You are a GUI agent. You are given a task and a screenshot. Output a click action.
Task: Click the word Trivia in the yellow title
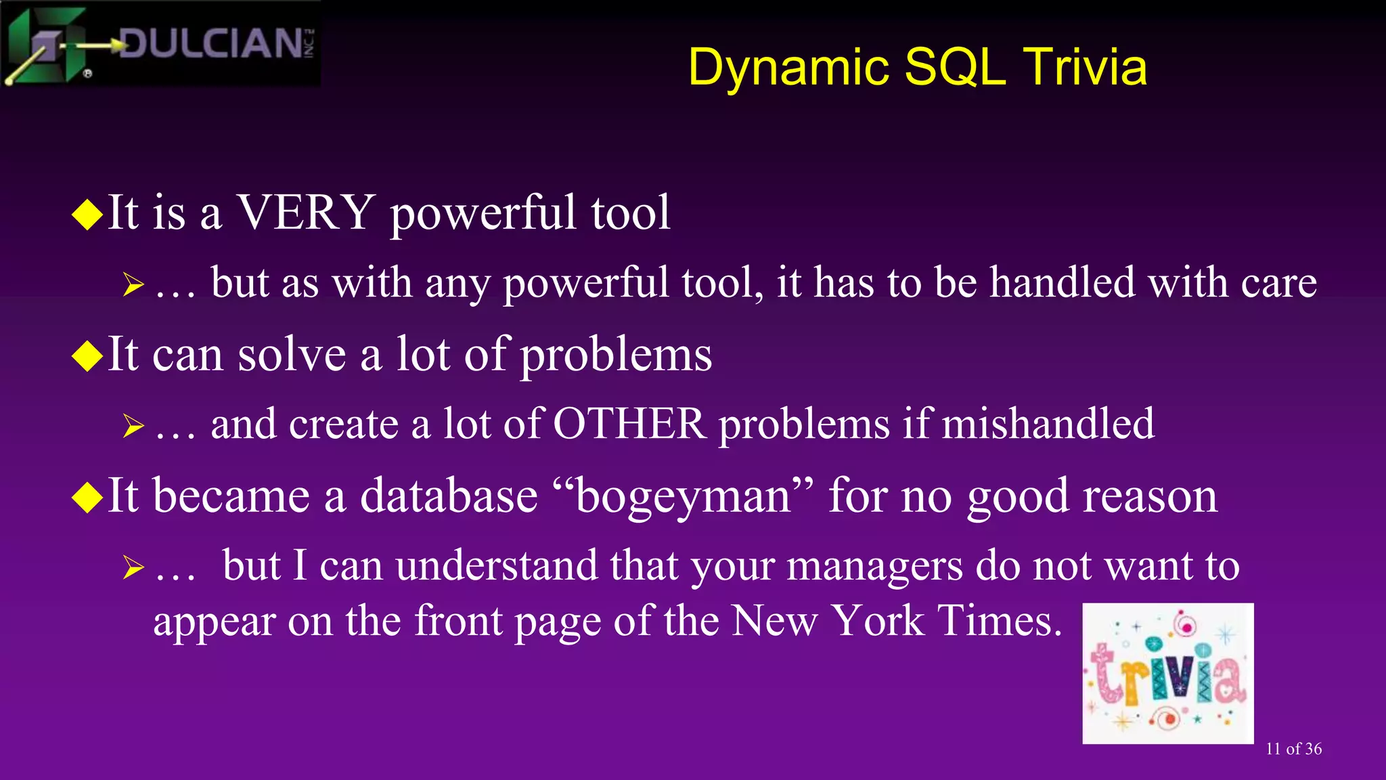(x=1084, y=68)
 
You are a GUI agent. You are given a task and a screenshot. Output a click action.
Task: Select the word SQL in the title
(x=955, y=68)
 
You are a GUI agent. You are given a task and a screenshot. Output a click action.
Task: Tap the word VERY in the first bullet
(x=306, y=213)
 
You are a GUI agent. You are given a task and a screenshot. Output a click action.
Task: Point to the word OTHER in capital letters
(x=629, y=425)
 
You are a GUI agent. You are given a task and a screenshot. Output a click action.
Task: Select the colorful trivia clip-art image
(x=1167, y=673)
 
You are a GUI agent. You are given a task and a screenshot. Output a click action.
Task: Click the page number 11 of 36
(x=1293, y=749)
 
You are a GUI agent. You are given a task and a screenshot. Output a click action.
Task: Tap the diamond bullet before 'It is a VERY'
(x=87, y=215)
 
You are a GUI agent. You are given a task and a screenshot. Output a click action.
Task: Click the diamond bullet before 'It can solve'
(x=87, y=356)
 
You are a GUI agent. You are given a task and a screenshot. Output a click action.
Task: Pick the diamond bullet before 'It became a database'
(x=87, y=498)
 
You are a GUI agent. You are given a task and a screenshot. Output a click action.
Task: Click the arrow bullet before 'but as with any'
(x=133, y=284)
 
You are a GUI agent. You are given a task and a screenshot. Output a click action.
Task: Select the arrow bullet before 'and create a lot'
(x=133, y=426)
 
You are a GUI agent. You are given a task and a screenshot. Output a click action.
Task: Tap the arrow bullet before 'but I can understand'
(x=133, y=567)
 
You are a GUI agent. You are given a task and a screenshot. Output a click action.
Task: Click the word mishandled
(x=1048, y=425)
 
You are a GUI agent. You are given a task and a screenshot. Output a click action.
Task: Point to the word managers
(x=874, y=566)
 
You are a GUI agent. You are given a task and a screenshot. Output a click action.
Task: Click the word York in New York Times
(x=878, y=620)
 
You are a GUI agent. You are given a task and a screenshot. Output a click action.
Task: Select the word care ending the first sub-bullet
(x=1278, y=283)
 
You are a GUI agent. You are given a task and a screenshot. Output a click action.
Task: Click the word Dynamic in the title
(x=788, y=68)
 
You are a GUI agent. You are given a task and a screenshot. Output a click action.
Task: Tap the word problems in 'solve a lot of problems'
(x=616, y=356)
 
